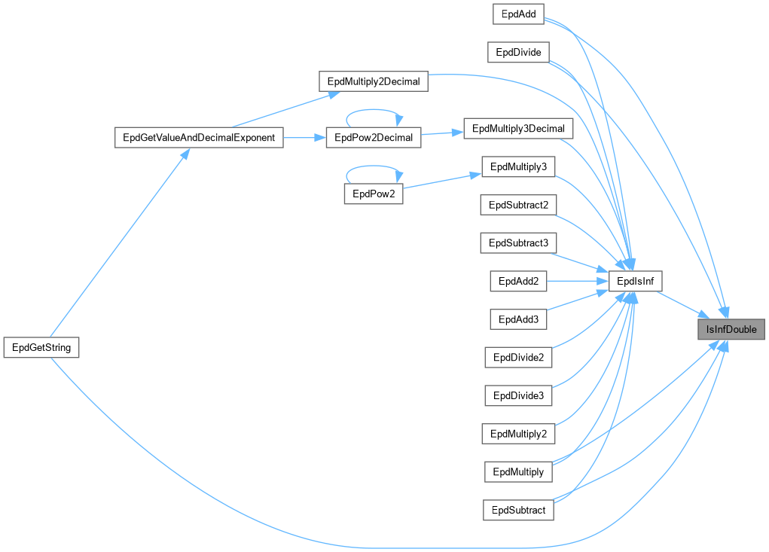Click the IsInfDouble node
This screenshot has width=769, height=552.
[731, 329]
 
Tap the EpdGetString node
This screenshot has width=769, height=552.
[41, 347]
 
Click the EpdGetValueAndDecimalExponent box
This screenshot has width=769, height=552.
[198, 138]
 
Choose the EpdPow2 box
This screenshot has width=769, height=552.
[373, 194]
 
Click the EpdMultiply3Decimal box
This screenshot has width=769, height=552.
[518, 128]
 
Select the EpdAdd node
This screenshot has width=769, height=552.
[517, 14]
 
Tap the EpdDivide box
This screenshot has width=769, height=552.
[518, 53]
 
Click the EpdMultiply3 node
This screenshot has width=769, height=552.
[518, 166]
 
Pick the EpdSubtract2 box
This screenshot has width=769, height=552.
[518, 205]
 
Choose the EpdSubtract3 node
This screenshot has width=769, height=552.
[518, 242]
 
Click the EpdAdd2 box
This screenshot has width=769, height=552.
[518, 282]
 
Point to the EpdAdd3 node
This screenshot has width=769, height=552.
[518, 319]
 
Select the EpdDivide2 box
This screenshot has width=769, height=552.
[518, 357]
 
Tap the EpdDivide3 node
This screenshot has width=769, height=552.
[518, 395]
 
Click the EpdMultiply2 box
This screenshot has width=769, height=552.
[518, 434]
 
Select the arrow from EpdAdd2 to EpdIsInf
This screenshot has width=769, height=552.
[576, 282]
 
